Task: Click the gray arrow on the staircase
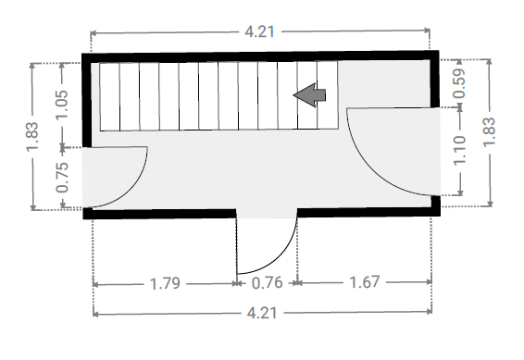309,95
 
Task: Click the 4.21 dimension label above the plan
259,32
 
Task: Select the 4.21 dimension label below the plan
262,313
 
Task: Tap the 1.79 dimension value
165,284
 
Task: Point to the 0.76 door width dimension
267,283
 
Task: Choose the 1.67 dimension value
365,282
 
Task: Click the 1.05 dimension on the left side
62,105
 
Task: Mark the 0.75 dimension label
63,178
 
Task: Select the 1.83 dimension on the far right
489,131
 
